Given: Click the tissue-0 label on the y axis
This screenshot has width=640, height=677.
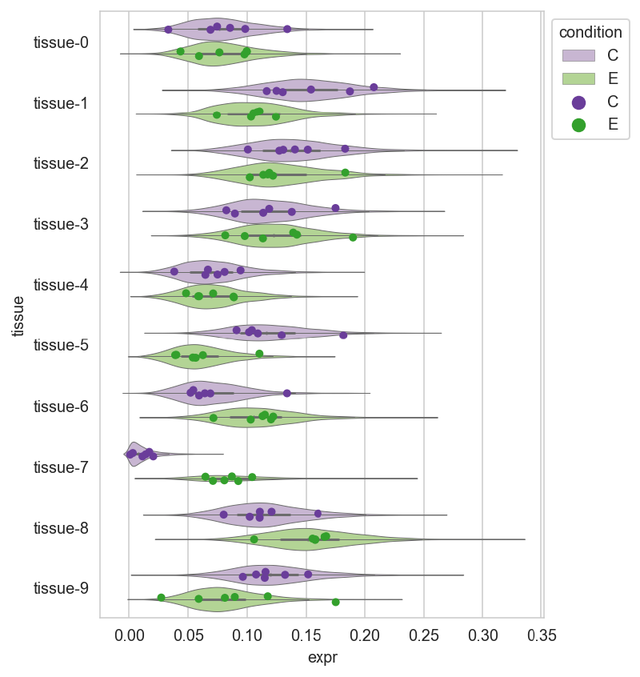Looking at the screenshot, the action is point(61,42).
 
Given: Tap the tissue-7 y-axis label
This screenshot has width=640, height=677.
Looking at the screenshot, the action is point(61,467).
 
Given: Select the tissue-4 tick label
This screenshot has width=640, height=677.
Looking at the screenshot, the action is point(61,285).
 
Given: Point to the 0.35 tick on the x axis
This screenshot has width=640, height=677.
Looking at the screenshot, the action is point(542,635).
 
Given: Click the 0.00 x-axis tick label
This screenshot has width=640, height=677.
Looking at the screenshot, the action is point(129,635).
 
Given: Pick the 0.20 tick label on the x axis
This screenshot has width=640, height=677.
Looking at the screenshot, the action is point(365,635).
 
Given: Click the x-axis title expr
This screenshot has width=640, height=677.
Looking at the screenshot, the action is point(322,658).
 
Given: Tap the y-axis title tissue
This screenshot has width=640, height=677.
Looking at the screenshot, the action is point(18,316).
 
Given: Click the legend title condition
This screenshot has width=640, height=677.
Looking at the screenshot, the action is point(590,32).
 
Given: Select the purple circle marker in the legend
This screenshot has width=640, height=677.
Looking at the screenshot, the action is point(578,102).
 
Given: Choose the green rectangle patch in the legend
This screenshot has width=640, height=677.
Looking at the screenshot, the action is point(578,78).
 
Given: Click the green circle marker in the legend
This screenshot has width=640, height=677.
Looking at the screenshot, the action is point(578,125).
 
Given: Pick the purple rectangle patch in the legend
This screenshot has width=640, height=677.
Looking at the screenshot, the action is point(578,55).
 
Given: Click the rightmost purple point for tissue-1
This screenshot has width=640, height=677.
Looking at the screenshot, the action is point(374,87).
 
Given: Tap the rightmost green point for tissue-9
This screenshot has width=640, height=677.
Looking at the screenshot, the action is point(336,602).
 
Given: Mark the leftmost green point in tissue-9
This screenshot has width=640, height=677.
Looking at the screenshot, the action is point(161,598).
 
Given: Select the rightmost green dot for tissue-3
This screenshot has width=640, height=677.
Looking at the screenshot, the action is point(353,238).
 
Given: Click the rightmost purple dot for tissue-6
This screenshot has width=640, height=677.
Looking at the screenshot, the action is point(287,393).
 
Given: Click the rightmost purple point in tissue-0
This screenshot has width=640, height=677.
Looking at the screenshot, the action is point(287,29).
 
